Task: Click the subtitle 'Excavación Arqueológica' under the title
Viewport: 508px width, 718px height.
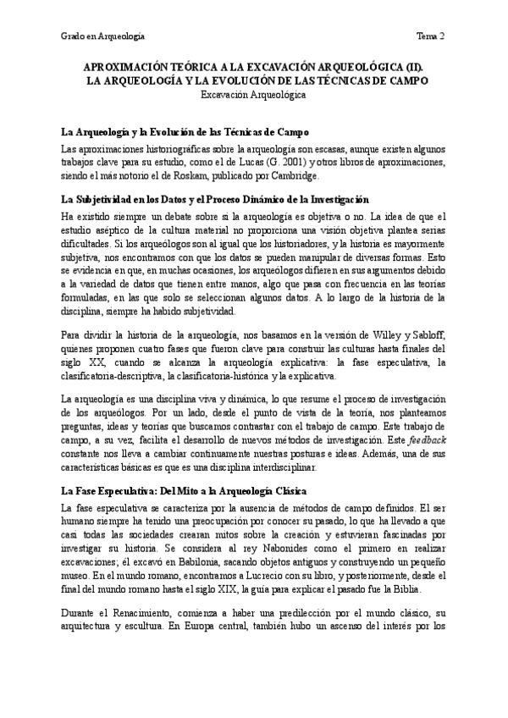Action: [x=253, y=96]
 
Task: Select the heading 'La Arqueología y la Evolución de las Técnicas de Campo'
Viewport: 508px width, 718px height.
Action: [x=185, y=132]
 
